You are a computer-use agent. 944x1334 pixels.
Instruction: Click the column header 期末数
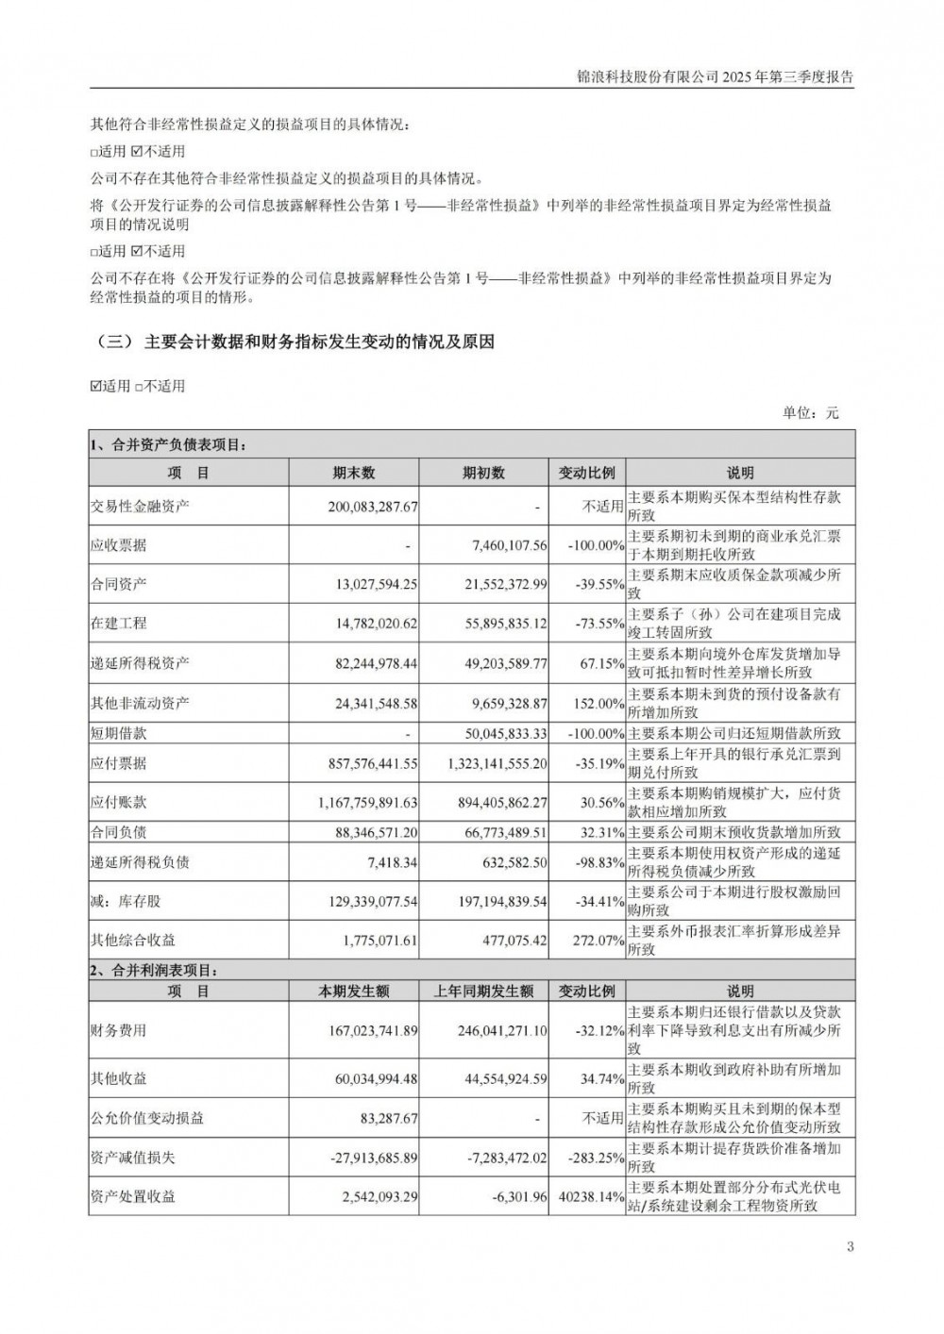click(x=354, y=473)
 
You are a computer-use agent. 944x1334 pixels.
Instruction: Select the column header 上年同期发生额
click(x=483, y=991)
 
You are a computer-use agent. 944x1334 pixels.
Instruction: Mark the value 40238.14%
click(x=592, y=1196)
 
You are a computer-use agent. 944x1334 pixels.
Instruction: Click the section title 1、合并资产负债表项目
click(x=167, y=445)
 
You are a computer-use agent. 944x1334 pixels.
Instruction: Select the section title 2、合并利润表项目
click(x=153, y=970)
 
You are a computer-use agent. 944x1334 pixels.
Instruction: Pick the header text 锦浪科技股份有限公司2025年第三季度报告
click(x=715, y=78)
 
